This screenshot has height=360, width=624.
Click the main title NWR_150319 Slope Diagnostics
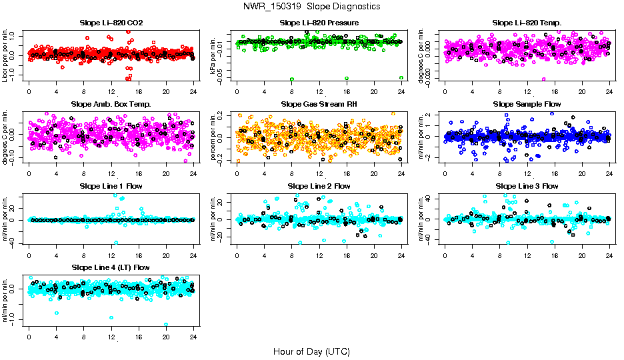[x=312, y=6]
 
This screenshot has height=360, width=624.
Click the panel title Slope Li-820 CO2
[x=111, y=23]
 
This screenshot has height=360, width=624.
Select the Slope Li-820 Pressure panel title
[x=319, y=23]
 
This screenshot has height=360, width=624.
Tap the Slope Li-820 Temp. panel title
[x=527, y=23]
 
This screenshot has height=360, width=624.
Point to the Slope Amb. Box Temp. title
[x=111, y=105]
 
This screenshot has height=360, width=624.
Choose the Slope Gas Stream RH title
[x=319, y=105]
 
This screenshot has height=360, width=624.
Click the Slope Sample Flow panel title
[x=527, y=105]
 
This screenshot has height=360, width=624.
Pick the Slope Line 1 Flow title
[x=111, y=186]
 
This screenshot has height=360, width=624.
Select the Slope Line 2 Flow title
[x=319, y=186]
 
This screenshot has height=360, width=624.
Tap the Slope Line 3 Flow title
[x=527, y=186]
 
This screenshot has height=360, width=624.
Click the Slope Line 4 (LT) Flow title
[x=111, y=267]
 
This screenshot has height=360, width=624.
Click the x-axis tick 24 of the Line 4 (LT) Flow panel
[x=193, y=337]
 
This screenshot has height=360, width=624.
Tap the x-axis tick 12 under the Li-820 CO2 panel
[x=111, y=93]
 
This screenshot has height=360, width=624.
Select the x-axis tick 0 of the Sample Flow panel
[x=445, y=174]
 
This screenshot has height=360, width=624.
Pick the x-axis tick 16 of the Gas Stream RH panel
[x=347, y=174]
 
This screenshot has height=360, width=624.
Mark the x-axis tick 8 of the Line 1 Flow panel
[x=84, y=255]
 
